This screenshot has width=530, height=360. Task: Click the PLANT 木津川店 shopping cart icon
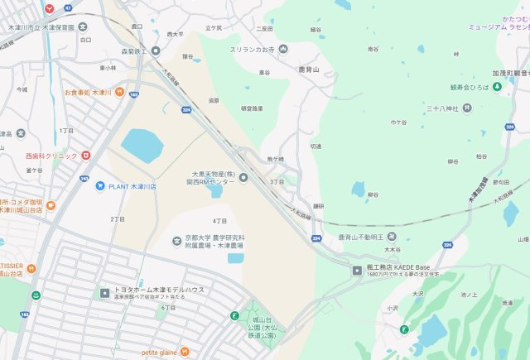pos(100,186)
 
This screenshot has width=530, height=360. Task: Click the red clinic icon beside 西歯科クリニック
pos(85,155)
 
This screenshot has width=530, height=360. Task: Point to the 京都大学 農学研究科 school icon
pos(176,241)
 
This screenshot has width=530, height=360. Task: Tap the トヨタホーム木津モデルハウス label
pos(157,290)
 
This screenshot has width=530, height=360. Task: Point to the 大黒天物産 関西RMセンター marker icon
pos(243,176)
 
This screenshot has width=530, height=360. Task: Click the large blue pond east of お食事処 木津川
pos(143,146)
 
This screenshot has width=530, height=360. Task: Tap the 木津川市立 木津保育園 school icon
pos(83,26)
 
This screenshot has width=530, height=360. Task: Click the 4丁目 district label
pos(219,221)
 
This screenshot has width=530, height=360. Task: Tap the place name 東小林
pos(107,68)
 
